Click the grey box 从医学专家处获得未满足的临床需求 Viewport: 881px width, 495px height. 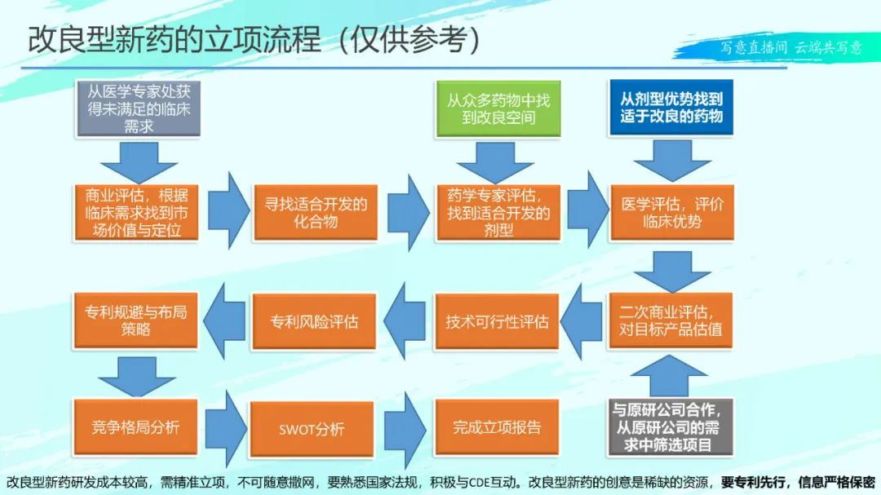(x=138, y=108)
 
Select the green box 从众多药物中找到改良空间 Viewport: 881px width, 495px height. (x=498, y=108)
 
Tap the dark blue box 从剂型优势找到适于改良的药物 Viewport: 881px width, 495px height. (x=671, y=108)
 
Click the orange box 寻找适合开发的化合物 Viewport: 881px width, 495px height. (x=316, y=212)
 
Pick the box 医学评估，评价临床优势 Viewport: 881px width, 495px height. (x=672, y=212)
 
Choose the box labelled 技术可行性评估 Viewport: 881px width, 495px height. (x=497, y=320)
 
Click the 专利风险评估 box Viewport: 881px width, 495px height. (x=314, y=321)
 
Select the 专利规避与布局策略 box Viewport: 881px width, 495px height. (x=135, y=320)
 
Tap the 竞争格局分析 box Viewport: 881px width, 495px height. (x=135, y=427)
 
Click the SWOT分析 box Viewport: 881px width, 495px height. (x=312, y=429)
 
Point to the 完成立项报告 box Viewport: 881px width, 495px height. (x=497, y=427)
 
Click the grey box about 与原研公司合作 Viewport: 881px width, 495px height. (x=671, y=427)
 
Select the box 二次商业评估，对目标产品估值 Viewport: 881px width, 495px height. (x=671, y=320)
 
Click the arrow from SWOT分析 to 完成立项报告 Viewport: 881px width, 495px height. (x=405, y=429)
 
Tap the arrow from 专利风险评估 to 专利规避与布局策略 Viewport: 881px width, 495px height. (x=224, y=320)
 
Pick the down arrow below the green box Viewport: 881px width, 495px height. (x=495, y=162)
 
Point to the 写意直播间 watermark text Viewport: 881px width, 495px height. (x=754, y=47)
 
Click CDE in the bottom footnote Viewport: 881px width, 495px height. (x=480, y=482)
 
